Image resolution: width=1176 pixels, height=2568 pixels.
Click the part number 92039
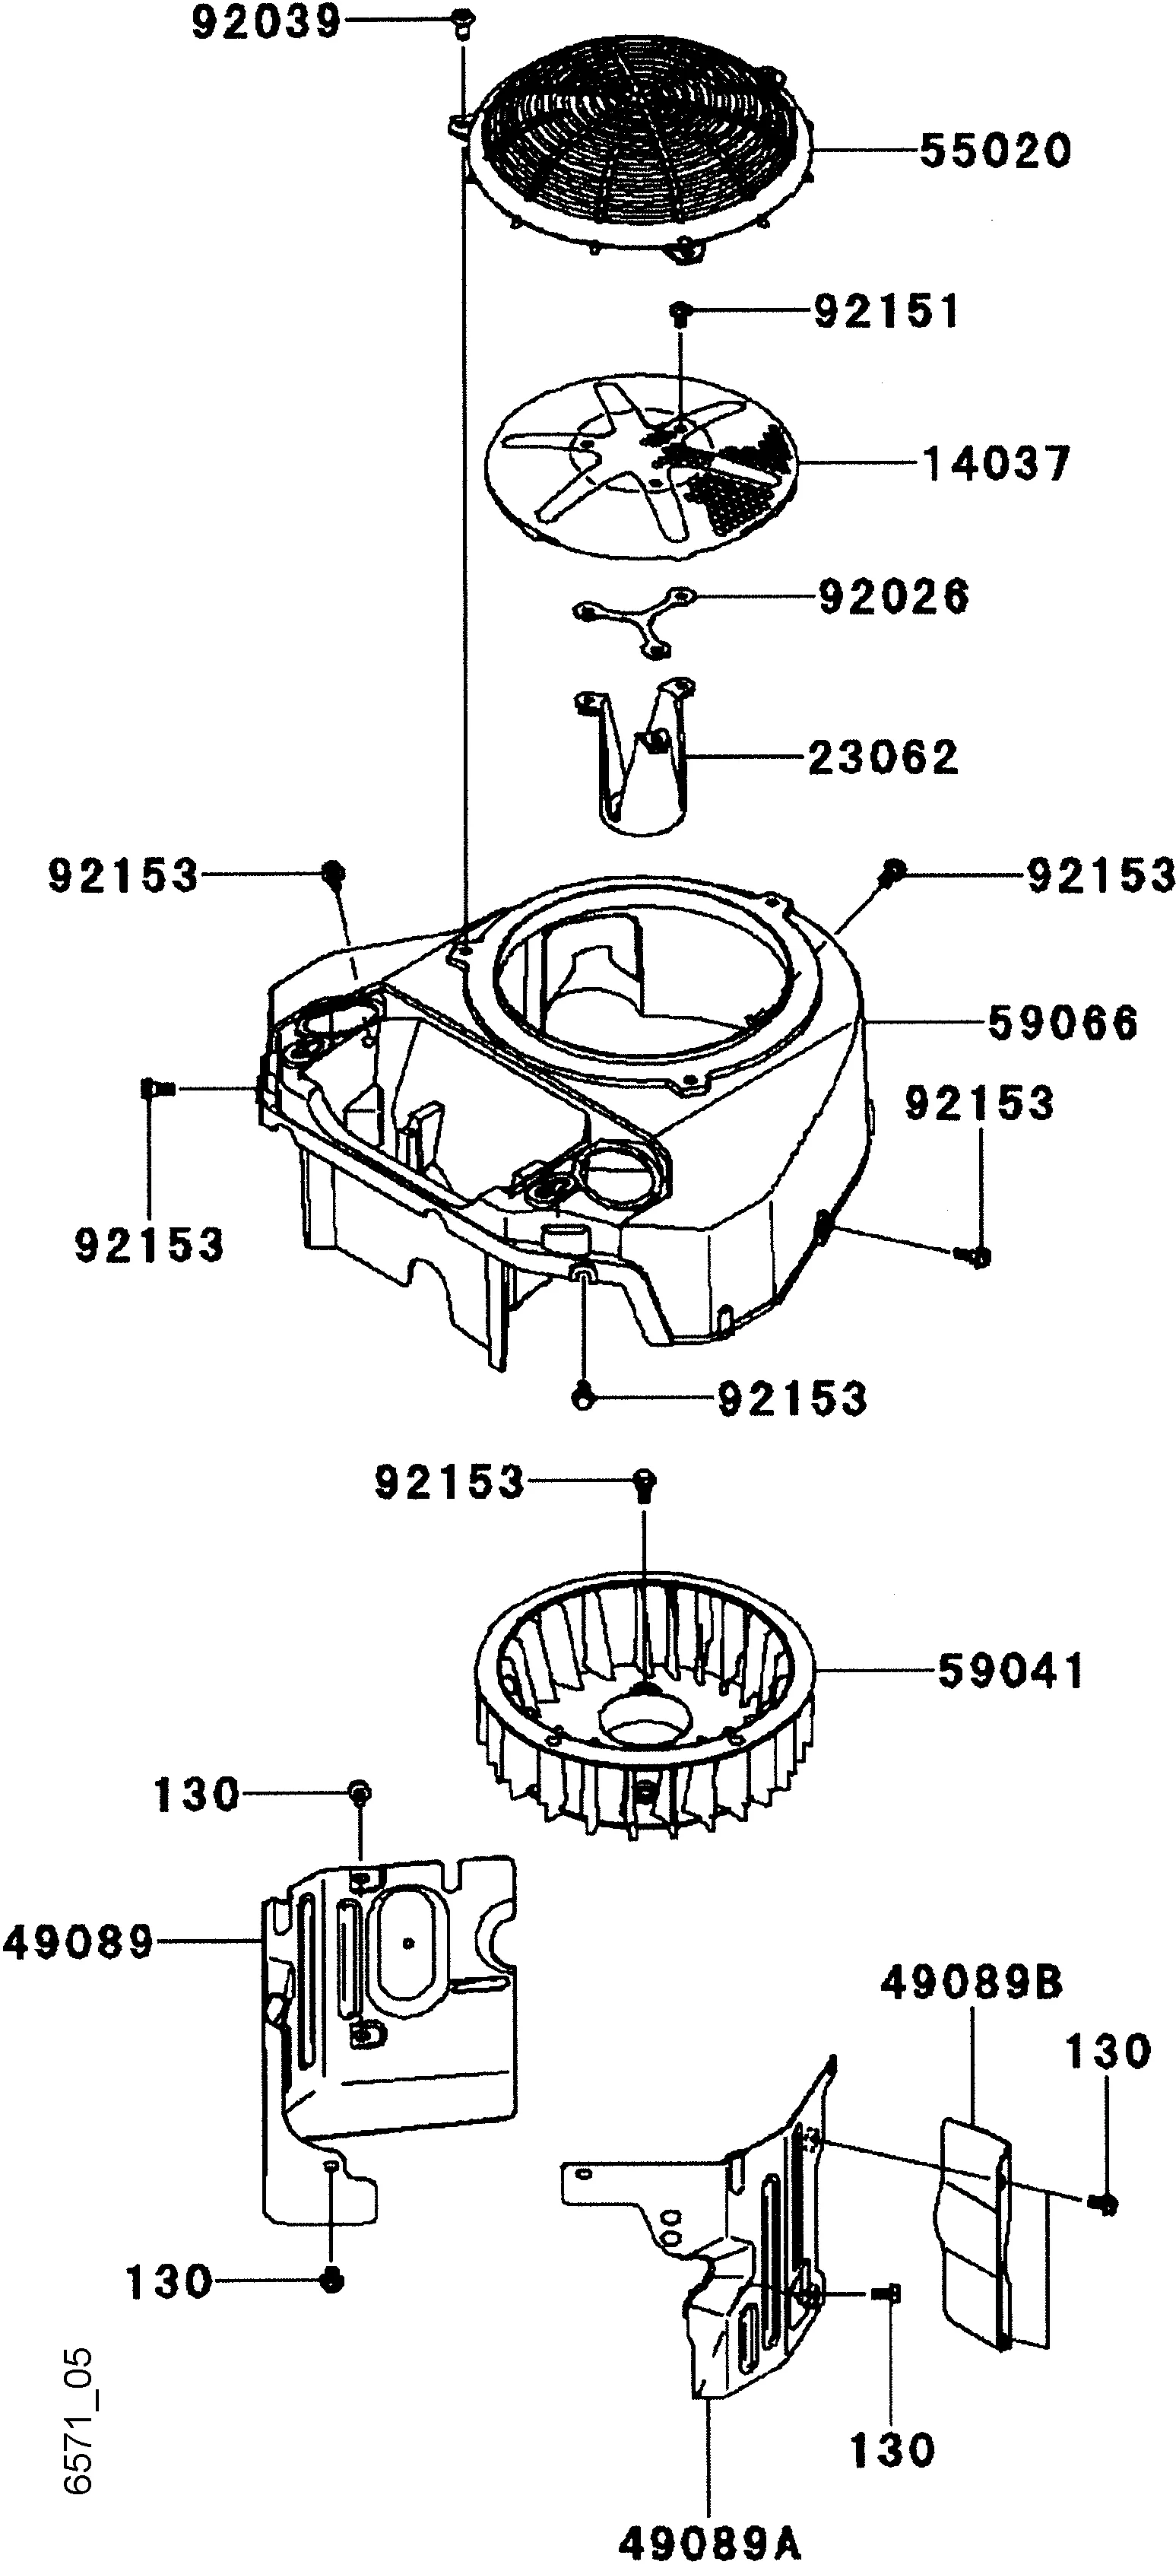(x=265, y=23)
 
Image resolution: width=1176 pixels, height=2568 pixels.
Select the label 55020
(x=994, y=151)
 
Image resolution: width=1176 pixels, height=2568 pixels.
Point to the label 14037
(x=997, y=464)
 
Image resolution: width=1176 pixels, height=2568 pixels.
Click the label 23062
(x=883, y=757)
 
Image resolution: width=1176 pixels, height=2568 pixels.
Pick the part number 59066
(x=1063, y=1023)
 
